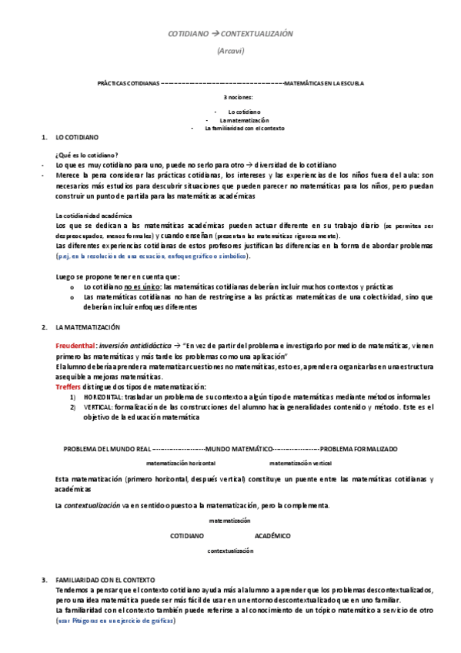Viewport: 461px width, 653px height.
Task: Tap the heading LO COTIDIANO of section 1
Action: click(x=77, y=137)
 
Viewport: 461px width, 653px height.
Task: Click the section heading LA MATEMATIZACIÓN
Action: click(x=88, y=327)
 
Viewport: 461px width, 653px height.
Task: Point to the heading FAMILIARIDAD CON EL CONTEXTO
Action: click(x=105, y=579)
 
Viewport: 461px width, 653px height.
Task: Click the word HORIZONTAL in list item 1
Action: click(x=99, y=396)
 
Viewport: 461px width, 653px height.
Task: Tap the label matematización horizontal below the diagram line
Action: click(x=181, y=464)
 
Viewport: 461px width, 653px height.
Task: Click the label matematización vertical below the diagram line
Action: click(x=300, y=464)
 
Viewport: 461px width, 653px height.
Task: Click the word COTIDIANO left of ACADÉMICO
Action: click(x=187, y=534)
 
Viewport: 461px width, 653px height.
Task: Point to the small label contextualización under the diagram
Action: click(x=230, y=551)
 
